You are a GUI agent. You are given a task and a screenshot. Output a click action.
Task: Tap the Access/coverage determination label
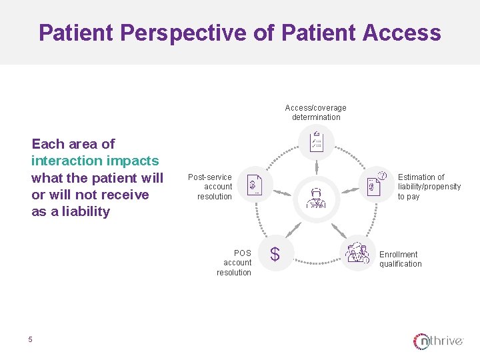coord(315,113)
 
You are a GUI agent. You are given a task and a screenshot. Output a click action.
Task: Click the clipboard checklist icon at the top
coord(316,142)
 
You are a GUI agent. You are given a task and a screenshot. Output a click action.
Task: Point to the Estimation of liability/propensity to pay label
coord(429,187)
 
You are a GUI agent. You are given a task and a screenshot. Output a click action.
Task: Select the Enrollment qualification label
coord(400,259)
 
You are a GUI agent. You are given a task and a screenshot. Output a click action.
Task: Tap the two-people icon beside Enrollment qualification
coord(357,253)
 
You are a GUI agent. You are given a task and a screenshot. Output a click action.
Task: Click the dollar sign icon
coord(274,254)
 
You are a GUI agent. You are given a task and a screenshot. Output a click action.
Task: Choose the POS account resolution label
coord(235,263)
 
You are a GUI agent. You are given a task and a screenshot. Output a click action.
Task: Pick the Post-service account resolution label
coord(210,187)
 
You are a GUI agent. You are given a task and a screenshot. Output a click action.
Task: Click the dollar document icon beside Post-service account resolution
coord(255,184)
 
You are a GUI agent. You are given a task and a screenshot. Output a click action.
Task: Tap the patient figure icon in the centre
coord(316,197)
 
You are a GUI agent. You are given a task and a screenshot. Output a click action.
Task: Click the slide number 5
coord(30,340)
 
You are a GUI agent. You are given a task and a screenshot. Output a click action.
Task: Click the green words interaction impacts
coord(95,161)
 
